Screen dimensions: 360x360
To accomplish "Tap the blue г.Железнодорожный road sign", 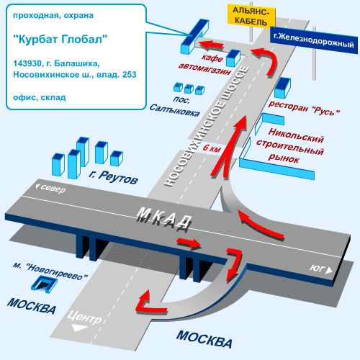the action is point(314,40).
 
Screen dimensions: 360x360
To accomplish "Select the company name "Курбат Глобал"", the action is point(60,39).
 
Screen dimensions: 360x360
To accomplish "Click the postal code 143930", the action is point(27,63).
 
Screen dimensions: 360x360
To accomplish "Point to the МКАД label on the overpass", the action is point(165,219).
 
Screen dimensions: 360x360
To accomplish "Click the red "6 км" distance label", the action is point(212,148).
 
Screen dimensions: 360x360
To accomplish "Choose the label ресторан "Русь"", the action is point(304,109).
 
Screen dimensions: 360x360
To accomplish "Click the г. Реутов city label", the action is point(113,177).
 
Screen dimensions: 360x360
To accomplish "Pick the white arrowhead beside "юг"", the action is point(329,271).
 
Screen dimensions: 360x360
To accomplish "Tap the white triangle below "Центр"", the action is point(80,328).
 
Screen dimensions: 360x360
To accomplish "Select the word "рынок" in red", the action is point(284,158).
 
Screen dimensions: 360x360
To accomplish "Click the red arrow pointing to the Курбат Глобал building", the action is point(211,45).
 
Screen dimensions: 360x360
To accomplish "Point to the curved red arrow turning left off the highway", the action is point(267,60).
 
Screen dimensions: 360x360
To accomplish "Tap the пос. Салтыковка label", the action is point(175,107).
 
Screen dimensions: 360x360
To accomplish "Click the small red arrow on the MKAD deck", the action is point(189,243).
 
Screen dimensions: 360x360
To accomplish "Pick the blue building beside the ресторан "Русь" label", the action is point(282,88).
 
